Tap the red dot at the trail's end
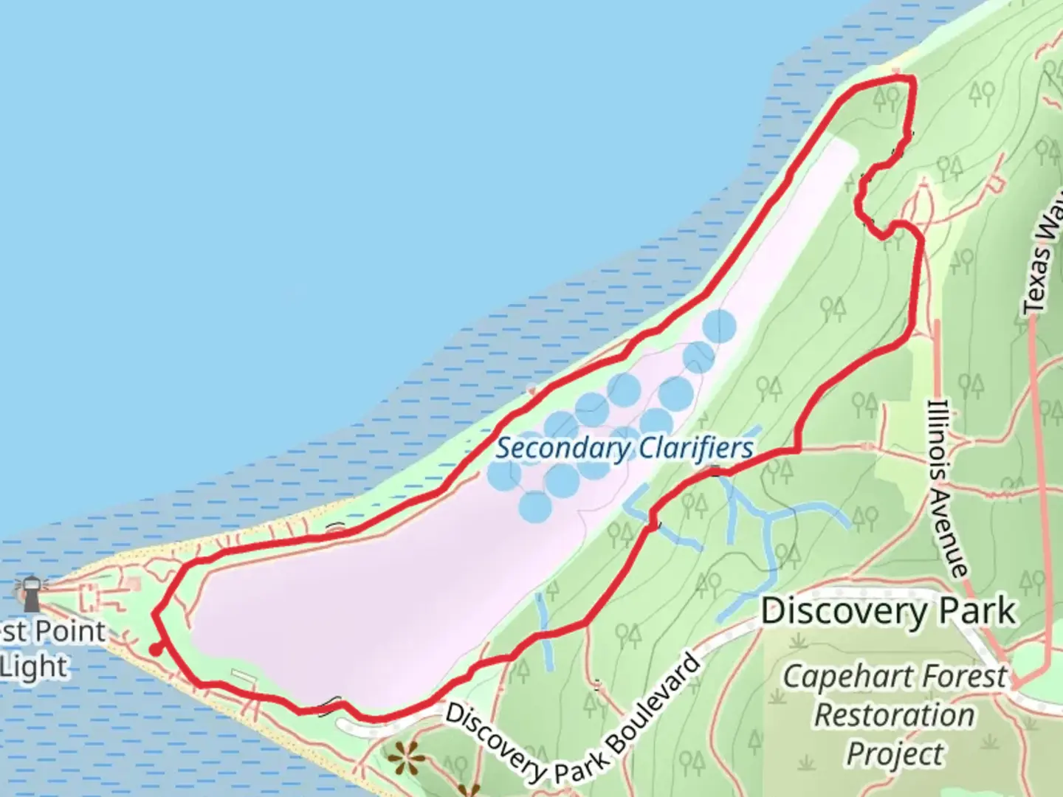click(155, 649)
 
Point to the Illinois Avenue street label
click(948, 487)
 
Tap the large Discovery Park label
click(888, 611)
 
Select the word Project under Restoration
click(895, 753)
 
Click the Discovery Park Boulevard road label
click(572, 720)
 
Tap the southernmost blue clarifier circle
click(535, 507)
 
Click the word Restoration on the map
click(894, 715)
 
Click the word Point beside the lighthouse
click(70, 632)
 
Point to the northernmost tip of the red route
click(898, 77)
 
